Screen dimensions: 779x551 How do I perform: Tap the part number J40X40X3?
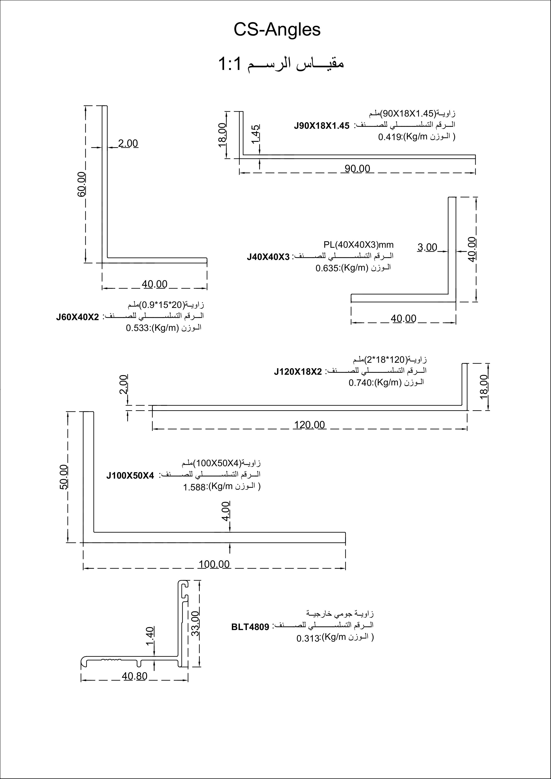[x=268, y=257]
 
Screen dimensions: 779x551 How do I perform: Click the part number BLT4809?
[x=250, y=627]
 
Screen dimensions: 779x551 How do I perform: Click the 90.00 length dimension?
[x=358, y=168]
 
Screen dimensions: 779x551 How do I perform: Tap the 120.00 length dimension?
[x=309, y=424]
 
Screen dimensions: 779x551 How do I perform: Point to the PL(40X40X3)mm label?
[x=358, y=245]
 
